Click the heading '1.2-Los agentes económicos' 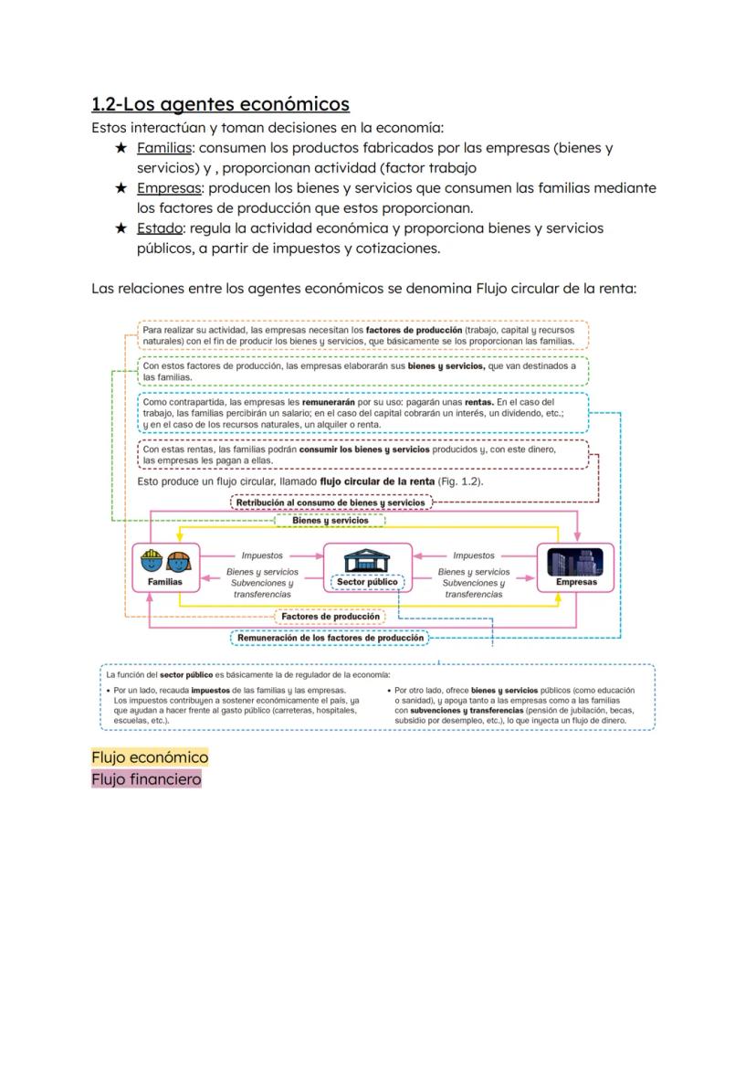(x=220, y=104)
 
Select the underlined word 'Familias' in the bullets (x=164, y=148)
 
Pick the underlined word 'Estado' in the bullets (x=160, y=228)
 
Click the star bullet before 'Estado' (x=121, y=228)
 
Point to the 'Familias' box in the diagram (x=165, y=567)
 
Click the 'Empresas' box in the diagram (x=576, y=567)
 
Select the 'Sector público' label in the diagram (x=367, y=582)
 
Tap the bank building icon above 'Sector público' (x=366, y=559)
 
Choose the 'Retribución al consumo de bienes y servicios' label (x=331, y=502)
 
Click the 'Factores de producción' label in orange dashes (x=331, y=617)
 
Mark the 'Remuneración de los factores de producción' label (x=331, y=638)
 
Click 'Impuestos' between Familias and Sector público (x=262, y=555)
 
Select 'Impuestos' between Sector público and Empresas (x=474, y=555)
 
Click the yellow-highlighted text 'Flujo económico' (x=150, y=757)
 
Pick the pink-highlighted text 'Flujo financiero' (x=146, y=779)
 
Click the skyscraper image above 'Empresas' (x=576, y=559)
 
